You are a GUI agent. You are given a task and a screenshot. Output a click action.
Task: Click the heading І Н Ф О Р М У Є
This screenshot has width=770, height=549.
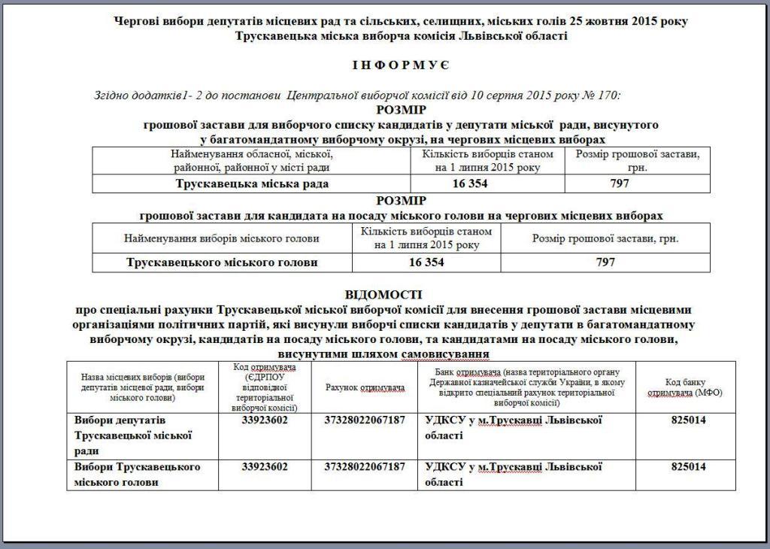tap(399, 65)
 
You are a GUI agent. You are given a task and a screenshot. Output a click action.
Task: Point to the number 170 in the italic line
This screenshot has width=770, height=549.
tap(609, 96)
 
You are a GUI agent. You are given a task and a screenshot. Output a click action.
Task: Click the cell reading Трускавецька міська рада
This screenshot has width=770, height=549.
tap(252, 184)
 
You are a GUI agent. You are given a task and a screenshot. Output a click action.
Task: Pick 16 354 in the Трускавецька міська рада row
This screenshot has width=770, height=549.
tap(470, 184)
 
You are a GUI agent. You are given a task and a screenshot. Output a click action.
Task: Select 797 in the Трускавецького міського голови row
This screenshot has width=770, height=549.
tap(605, 262)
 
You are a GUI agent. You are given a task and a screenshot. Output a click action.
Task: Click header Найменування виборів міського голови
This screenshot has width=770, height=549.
tap(222, 238)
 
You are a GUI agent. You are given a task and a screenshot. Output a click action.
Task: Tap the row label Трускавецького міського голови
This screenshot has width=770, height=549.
tap(223, 262)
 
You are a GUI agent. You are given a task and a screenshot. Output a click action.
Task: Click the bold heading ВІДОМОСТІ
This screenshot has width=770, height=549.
tap(383, 294)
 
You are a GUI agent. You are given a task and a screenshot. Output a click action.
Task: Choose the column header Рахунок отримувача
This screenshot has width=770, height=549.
tap(365, 387)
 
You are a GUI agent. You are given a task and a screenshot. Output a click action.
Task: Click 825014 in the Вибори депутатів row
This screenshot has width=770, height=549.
tap(688, 420)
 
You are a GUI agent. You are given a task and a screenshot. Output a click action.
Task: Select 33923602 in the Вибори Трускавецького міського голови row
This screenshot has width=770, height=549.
tap(265, 467)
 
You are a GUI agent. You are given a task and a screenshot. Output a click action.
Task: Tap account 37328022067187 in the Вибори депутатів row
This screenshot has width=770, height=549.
tap(365, 420)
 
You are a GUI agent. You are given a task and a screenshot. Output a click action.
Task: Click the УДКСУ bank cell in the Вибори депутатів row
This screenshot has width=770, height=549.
tap(514, 427)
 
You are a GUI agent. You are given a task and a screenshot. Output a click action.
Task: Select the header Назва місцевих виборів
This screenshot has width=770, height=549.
tap(141, 387)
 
